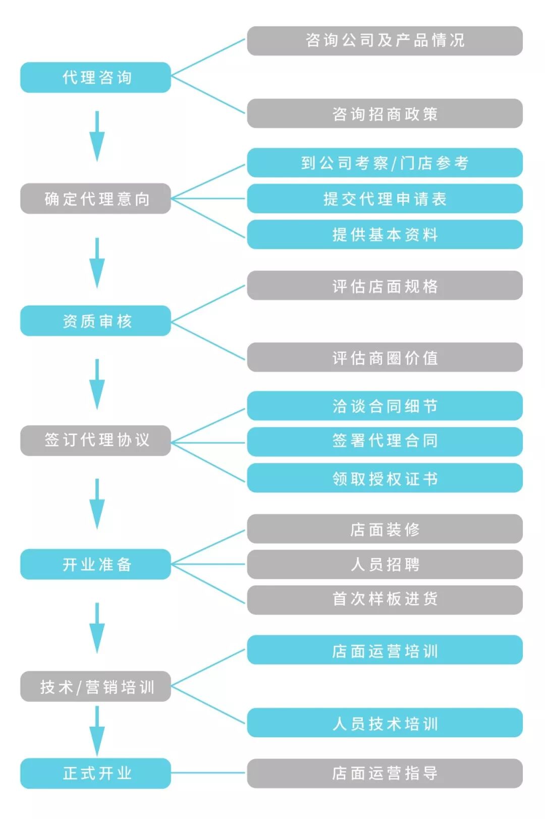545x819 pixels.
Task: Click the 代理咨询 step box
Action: [95, 77]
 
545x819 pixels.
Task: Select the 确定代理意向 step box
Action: [95, 198]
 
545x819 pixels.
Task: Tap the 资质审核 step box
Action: [95, 320]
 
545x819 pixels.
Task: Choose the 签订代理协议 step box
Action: [95, 440]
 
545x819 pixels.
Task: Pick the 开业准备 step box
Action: [95, 564]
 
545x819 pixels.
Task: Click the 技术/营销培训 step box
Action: [95, 686]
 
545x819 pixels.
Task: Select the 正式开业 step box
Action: [95, 773]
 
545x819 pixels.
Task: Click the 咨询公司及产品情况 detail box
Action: [385, 40]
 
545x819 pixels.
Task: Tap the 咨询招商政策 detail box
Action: [385, 114]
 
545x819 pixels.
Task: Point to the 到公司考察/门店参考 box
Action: [385, 162]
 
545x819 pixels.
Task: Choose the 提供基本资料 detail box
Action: [385, 234]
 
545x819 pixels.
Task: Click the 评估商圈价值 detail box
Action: [385, 357]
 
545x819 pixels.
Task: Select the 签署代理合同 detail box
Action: [385, 441]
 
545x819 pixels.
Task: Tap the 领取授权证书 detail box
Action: [385, 478]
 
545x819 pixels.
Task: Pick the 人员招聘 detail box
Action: [385, 564]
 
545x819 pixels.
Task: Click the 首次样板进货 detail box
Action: [385, 599]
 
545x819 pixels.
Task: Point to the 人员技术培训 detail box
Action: [385, 723]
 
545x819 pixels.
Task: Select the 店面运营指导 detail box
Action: [385, 773]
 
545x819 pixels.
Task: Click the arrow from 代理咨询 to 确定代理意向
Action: [97, 136]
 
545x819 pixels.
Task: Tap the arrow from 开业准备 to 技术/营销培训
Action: [97, 628]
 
